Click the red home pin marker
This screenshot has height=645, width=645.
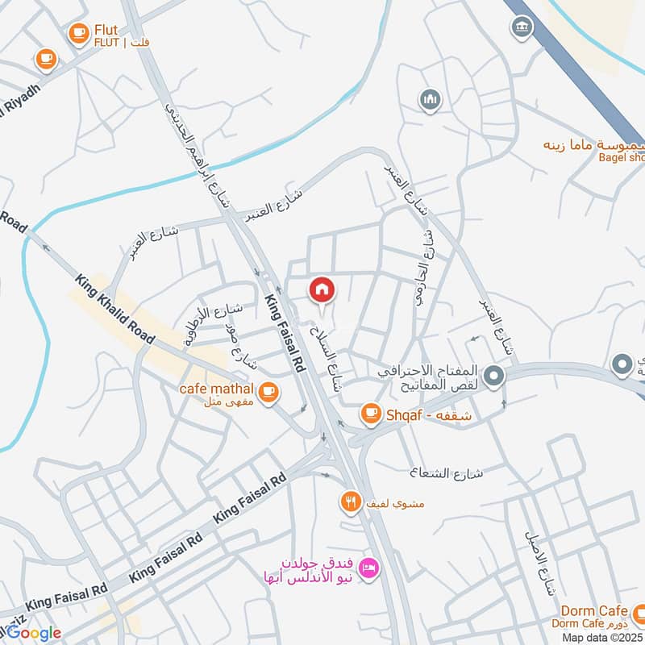pos(321,289)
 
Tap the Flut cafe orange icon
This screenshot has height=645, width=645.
pos(78,33)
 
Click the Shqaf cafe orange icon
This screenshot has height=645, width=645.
pos(370,414)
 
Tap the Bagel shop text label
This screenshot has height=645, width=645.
pos(620,159)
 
